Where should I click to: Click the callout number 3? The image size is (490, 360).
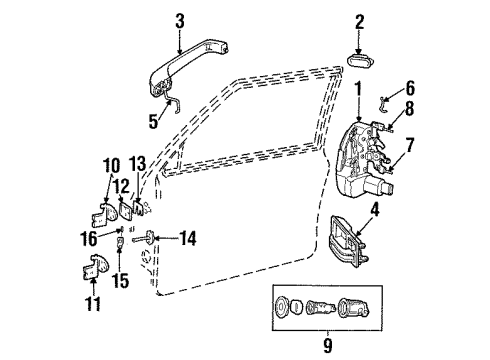(179, 19)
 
